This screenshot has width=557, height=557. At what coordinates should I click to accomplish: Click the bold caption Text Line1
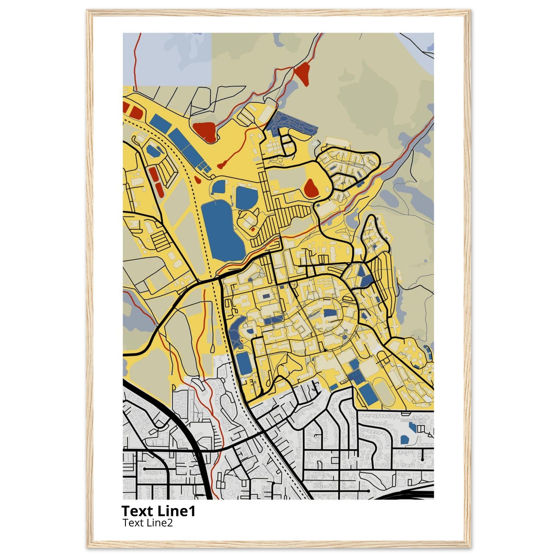click(x=158, y=511)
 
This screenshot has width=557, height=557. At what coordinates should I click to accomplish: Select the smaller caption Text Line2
click(x=148, y=522)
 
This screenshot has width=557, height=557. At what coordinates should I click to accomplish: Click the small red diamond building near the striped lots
click(x=253, y=229)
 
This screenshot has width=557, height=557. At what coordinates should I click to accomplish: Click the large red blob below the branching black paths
click(x=205, y=131)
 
